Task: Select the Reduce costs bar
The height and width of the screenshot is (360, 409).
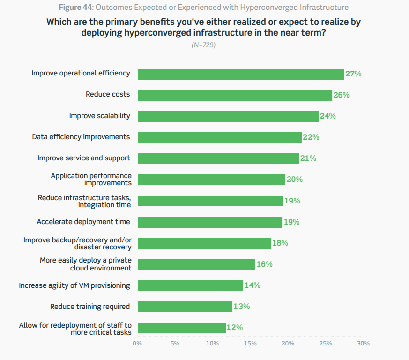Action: (x=235, y=95)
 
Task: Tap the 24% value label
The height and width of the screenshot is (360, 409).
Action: (x=327, y=116)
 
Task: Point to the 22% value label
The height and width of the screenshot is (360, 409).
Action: (x=311, y=137)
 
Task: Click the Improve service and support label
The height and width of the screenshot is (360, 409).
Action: (x=84, y=158)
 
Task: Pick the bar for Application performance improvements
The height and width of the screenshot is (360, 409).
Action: (x=211, y=180)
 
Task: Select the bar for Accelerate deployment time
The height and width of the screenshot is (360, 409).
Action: (x=209, y=222)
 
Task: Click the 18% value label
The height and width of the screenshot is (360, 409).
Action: (x=280, y=243)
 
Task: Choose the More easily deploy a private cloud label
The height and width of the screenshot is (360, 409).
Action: (x=86, y=264)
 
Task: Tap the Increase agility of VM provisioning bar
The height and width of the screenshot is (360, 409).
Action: (x=190, y=285)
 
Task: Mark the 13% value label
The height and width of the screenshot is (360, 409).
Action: (x=242, y=307)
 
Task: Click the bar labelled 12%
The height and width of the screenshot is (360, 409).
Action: (x=181, y=328)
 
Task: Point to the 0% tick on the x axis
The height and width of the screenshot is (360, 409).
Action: (x=137, y=344)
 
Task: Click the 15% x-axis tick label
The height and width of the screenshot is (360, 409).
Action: (x=250, y=344)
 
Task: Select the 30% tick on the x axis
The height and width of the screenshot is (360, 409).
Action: (x=363, y=344)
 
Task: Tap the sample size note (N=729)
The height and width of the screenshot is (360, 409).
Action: (x=204, y=45)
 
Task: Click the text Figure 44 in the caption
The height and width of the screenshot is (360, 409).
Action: (x=77, y=7)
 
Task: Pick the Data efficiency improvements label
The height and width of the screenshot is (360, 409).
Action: (x=81, y=137)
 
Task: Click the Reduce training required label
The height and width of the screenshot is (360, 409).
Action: (x=90, y=307)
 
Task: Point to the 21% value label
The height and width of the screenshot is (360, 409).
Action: (x=308, y=158)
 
